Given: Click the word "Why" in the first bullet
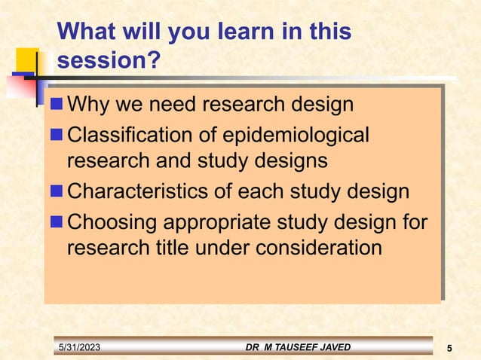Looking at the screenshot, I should click(87, 104).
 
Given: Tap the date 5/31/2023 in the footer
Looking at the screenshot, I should click(79, 346).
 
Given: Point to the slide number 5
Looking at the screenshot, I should click(449, 347).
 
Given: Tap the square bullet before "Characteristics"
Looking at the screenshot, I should click(57, 192).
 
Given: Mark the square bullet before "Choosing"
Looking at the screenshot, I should click(57, 224).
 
